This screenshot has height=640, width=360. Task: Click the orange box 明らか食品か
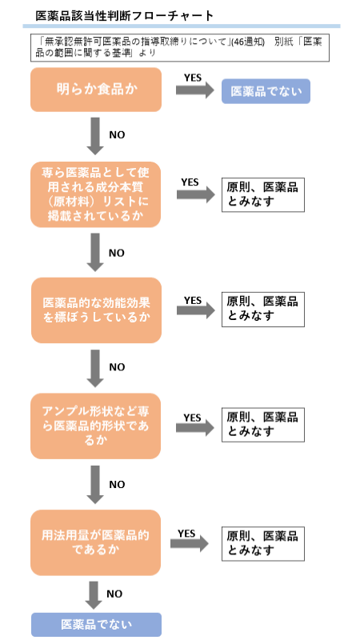(x=96, y=90)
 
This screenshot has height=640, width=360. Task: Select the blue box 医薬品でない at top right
(x=266, y=91)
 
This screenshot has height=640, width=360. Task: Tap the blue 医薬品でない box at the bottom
(x=96, y=624)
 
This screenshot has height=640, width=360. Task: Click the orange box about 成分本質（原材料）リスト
(x=96, y=194)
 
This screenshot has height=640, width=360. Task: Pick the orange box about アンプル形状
(x=96, y=425)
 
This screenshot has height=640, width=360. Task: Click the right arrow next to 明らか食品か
(x=194, y=90)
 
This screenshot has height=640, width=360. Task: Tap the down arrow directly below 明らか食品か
(x=96, y=136)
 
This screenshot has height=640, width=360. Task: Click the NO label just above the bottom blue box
(x=114, y=594)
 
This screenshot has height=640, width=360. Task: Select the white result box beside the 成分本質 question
(x=262, y=194)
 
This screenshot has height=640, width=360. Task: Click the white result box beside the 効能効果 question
(x=262, y=309)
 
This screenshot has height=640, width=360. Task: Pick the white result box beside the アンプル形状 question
(x=262, y=424)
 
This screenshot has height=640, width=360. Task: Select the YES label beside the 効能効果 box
(x=193, y=300)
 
